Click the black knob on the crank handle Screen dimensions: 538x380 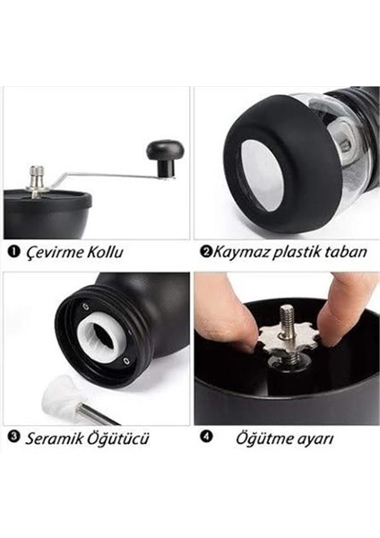(x=165, y=156)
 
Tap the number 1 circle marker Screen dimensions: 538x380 (x=12, y=252)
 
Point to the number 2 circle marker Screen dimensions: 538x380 (x=205, y=252)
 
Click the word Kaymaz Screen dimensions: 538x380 (x=240, y=252)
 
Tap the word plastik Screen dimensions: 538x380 (x=300, y=252)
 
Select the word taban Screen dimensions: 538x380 (x=348, y=252)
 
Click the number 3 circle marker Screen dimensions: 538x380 (x=13, y=438)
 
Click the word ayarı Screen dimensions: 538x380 (x=315, y=439)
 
